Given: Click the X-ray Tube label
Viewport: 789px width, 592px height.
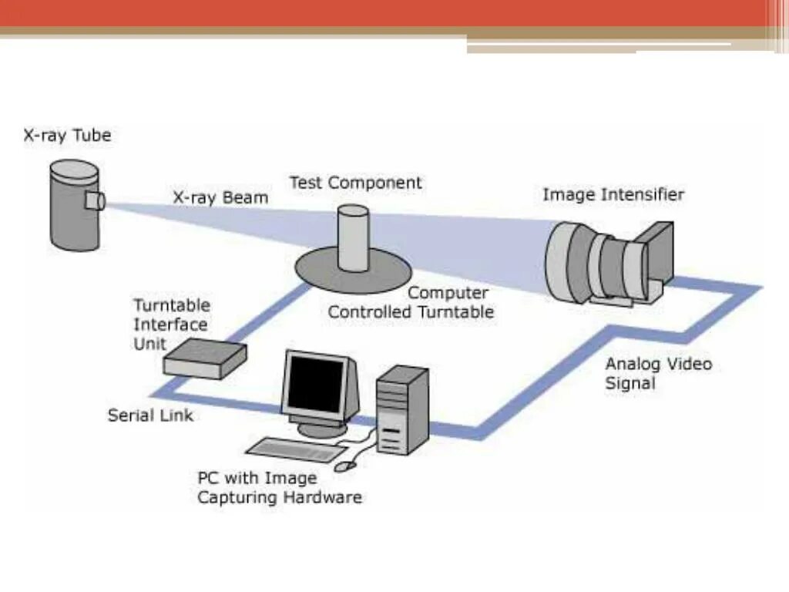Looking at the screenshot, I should pyautogui.click(x=67, y=136).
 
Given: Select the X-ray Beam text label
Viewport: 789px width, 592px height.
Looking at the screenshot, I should pyautogui.click(x=220, y=197).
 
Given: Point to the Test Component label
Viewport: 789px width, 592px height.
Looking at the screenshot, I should pyautogui.click(x=355, y=183).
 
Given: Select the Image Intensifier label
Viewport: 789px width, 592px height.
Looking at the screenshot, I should pyautogui.click(x=613, y=194).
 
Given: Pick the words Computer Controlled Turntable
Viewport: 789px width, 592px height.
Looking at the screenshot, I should pyautogui.click(x=411, y=303).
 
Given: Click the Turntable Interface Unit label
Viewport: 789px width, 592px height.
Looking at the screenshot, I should pyautogui.click(x=170, y=324).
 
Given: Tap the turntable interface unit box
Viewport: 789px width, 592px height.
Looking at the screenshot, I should pyautogui.click(x=205, y=359).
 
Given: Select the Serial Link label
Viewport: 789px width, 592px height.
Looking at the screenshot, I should pyautogui.click(x=150, y=415).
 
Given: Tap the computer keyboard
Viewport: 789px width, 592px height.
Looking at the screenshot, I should pyautogui.click(x=297, y=452).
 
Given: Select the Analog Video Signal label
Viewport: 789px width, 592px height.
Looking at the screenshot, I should pyautogui.click(x=658, y=373).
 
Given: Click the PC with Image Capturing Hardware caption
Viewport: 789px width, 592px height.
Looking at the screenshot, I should pyautogui.click(x=279, y=488).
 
